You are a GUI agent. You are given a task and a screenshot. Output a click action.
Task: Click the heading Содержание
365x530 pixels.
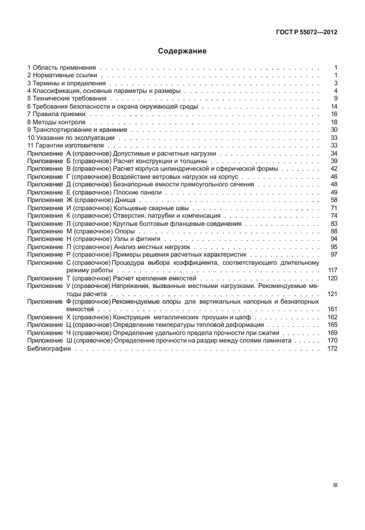[x=183, y=51]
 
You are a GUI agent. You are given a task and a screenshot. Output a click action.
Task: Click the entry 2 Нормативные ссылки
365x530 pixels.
[x=58, y=75]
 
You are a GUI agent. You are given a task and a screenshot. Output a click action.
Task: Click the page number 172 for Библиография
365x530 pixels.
[x=332, y=348]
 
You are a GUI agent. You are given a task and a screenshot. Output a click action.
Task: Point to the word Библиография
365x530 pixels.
[x=48, y=348]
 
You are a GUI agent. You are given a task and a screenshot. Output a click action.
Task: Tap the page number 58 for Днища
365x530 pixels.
[x=334, y=200]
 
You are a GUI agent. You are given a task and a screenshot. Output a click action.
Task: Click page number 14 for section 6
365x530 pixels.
[x=334, y=107]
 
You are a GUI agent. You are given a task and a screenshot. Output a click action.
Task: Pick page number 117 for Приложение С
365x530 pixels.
[x=332, y=270]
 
